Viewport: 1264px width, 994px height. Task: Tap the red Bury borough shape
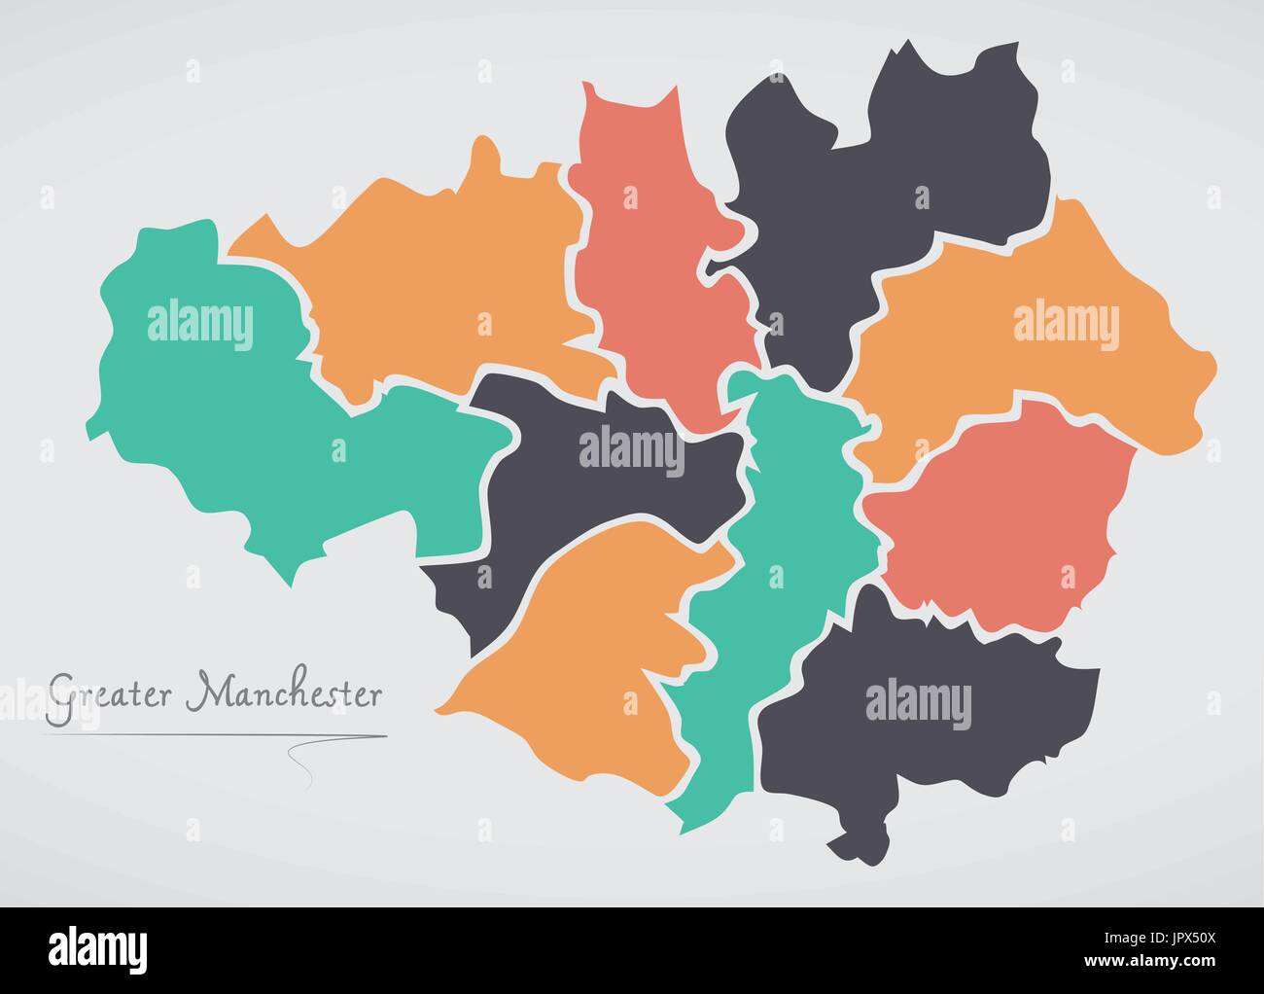coord(651,272)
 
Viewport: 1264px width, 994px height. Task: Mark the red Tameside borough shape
coord(1001,515)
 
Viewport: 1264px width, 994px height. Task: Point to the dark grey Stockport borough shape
coord(924,739)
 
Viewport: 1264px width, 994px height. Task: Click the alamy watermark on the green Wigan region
coord(200,323)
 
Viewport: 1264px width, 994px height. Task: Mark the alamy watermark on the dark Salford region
coord(631,448)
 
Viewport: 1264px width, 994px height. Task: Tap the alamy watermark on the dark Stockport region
coord(918,704)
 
